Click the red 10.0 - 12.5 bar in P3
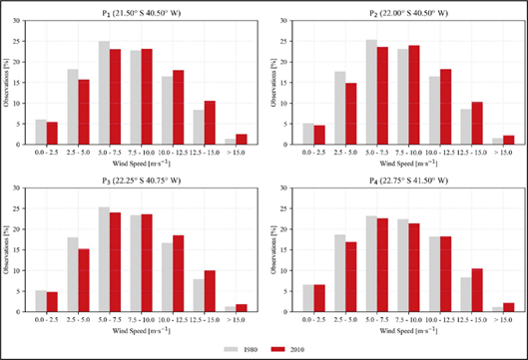[178, 270]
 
